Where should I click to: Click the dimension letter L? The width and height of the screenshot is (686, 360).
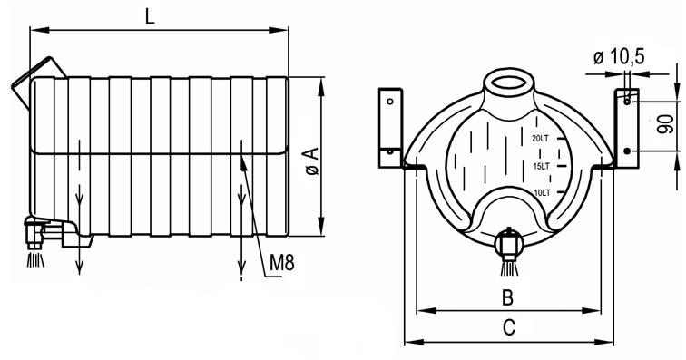tap(150, 17)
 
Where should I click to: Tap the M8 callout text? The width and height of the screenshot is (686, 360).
tap(281, 262)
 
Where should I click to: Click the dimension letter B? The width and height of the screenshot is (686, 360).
tap(507, 297)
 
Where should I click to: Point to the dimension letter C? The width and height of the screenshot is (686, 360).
tap(509, 327)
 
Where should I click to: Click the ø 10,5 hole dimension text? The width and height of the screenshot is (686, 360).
tap(619, 57)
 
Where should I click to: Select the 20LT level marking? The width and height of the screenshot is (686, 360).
tap(540, 139)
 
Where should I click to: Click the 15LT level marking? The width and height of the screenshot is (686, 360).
tap(541, 166)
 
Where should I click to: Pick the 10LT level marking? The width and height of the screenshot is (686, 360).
tap(542, 192)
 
